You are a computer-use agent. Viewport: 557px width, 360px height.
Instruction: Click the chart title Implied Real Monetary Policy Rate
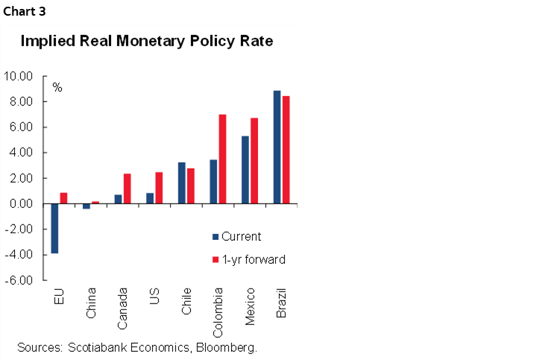click(x=147, y=42)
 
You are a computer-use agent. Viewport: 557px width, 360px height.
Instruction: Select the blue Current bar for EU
click(x=54, y=228)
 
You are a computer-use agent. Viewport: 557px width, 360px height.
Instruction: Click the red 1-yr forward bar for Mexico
click(x=254, y=160)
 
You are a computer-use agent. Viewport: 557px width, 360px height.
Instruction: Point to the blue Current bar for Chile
click(x=182, y=183)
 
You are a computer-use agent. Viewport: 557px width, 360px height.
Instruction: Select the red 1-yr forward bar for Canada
click(x=127, y=189)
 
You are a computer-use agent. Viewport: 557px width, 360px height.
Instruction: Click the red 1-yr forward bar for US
click(x=159, y=188)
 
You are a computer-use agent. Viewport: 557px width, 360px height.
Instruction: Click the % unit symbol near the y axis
click(x=57, y=88)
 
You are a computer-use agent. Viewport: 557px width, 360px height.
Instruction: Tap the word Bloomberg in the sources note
click(x=227, y=347)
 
